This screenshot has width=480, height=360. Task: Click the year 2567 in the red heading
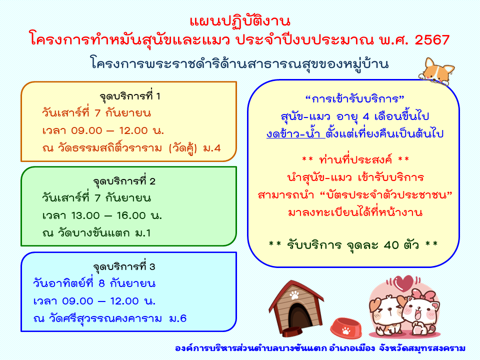(x=432, y=40)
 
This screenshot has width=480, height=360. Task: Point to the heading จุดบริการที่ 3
(x=124, y=267)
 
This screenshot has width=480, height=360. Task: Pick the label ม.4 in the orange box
(x=212, y=148)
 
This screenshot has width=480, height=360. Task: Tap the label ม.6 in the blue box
(x=178, y=318)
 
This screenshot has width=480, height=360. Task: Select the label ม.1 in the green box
(x=142, y=233)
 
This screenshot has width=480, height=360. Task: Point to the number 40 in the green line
(x=391, y=245)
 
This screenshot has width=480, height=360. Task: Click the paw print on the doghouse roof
(x=294, y=295)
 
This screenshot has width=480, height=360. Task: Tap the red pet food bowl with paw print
(x=346, y=328)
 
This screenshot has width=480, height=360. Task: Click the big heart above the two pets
(x=403, y=283)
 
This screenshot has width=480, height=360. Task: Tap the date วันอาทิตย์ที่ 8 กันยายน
(x=94, y=284)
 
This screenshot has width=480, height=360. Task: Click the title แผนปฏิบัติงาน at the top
(x=240, y=21)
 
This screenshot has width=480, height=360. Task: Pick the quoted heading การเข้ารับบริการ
(x=355, y=99)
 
